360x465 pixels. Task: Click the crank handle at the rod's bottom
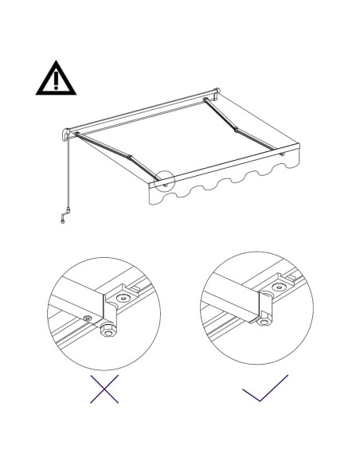(x=64, y=216)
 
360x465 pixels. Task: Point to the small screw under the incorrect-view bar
(x=87, y=319)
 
